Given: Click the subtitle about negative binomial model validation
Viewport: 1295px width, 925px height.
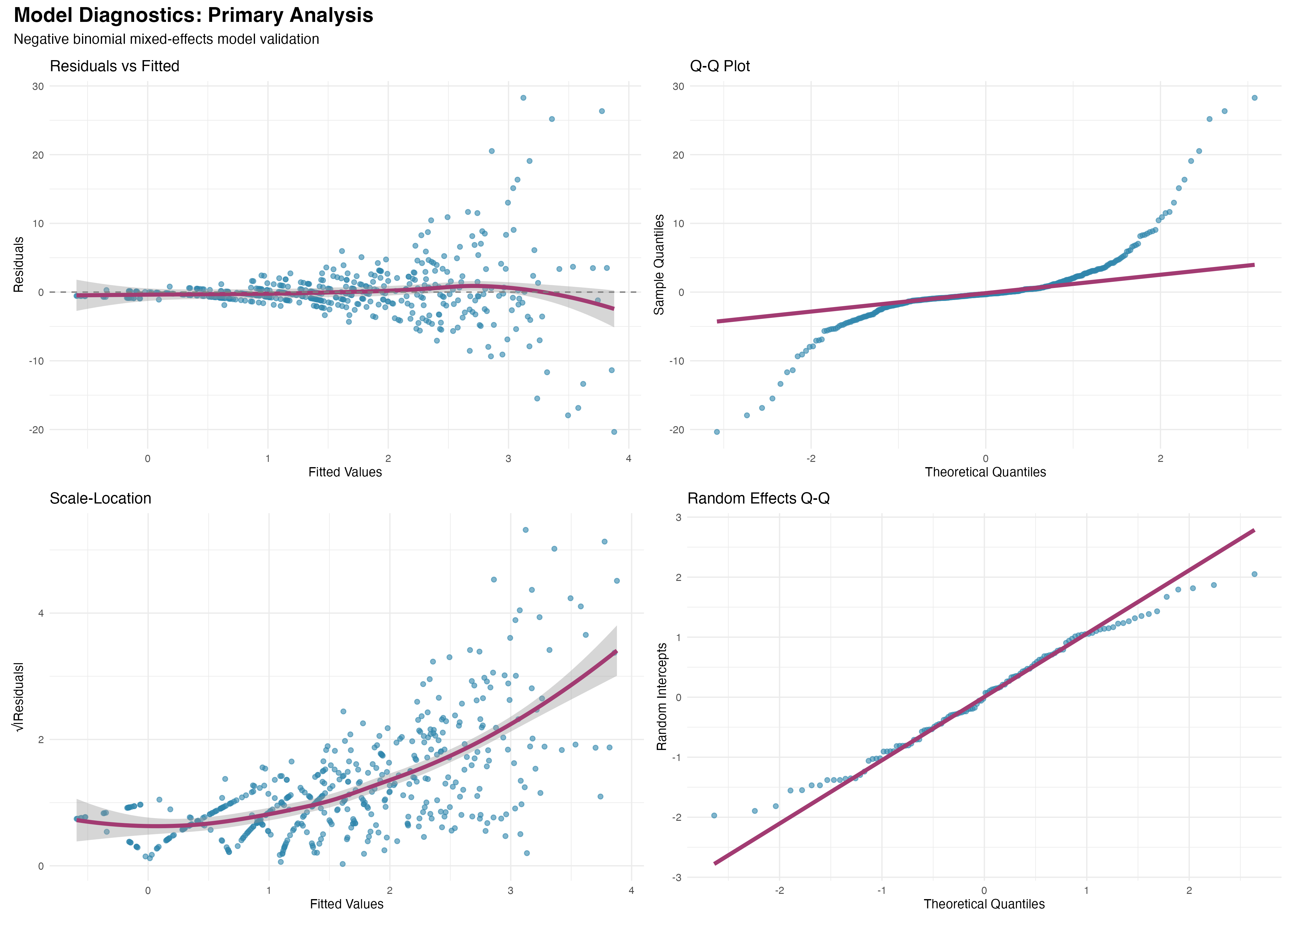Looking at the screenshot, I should coord(166,39).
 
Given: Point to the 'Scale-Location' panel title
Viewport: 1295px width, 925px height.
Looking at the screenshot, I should coord(100,498).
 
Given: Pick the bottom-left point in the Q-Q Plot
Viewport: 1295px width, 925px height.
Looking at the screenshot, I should coord(716,432).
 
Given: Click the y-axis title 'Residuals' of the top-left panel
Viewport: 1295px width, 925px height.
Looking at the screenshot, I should coord(19,264).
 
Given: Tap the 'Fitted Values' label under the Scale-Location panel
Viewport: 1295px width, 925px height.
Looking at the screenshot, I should coord(346,904).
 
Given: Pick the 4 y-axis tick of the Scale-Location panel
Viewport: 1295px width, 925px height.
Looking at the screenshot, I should coord(40,614).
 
